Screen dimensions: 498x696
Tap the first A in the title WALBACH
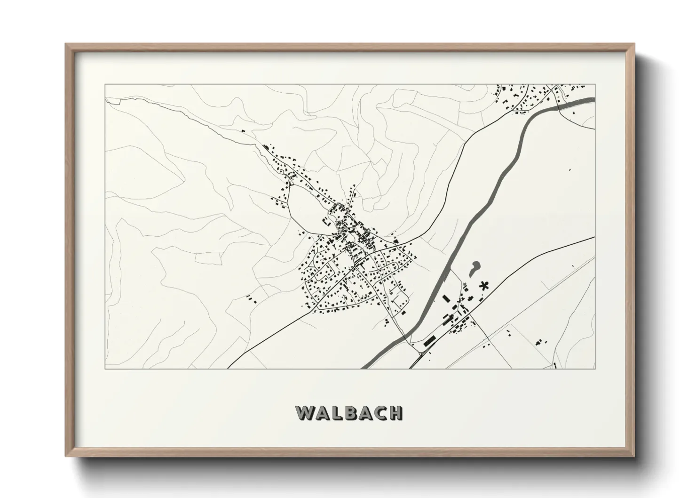322,413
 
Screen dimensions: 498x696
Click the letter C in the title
380,413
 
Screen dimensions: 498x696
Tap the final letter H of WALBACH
396,413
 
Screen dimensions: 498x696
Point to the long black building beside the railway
429,341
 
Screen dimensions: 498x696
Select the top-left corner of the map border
105,84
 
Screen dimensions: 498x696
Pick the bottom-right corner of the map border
595,369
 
